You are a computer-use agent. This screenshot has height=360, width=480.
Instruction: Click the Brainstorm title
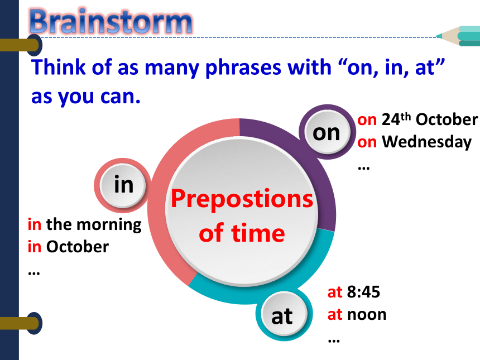(x=111, y=21)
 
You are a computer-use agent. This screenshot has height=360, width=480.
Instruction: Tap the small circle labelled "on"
(x=327, y=132)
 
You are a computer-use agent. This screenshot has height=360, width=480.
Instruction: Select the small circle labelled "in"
(x=123, y=185)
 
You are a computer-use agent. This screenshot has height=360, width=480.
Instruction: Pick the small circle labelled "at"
(x=284, y=314)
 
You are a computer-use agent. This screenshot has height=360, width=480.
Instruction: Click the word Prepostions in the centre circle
(x=242, y=199)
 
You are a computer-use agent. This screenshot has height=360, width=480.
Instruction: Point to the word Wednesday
(x=427, y=142)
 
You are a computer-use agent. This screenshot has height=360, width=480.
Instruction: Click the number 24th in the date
(x=396, y=119)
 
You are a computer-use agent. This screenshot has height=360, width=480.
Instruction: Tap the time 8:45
(x=363, y=292)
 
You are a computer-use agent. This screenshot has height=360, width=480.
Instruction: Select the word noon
(x=367, y=315)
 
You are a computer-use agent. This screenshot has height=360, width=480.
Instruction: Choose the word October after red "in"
(x=78, y=247)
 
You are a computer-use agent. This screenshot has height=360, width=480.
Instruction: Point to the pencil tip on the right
(x=438, y=36)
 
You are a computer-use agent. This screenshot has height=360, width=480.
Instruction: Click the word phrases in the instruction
(x=243, y=68)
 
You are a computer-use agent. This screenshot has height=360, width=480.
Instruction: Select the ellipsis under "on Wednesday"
(x=364, y=168)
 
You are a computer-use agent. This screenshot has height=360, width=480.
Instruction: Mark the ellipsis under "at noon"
(x=334, y=340)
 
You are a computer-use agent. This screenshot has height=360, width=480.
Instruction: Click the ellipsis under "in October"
(x=33, y=273)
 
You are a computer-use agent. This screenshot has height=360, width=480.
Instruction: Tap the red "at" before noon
(x=334, y=315)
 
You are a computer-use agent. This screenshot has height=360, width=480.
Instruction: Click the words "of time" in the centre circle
(x=242, y=233)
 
